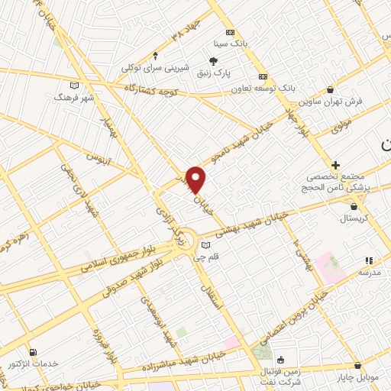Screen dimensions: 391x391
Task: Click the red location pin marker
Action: pos(196,179)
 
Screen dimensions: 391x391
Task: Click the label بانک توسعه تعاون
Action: pos(264,88)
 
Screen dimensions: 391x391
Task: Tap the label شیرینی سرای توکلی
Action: pos(156,66)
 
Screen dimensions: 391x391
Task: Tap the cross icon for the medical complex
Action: pos(335,165)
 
